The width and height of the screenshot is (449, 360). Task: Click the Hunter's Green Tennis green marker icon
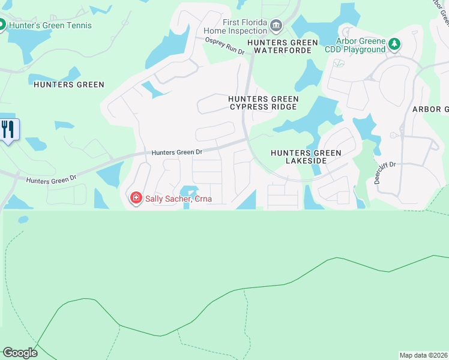point(2,25)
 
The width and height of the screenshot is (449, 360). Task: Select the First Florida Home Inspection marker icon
point(276,25)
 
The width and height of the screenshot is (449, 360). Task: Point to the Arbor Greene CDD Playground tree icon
point(394,43)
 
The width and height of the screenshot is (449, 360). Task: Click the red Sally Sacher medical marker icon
point(136,198)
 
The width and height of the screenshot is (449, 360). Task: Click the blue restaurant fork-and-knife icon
point(8,129)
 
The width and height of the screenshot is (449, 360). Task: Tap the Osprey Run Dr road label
point(225,47)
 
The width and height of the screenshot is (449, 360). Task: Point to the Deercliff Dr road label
point(386,173)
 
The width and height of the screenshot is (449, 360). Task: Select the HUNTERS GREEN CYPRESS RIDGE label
point(262,103)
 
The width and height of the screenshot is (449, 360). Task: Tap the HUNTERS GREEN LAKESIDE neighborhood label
point(306,157)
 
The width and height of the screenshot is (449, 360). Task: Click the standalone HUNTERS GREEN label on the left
point(69,85)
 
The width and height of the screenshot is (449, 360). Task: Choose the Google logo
point(20,353)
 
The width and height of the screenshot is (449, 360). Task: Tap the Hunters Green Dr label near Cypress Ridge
point(177,152)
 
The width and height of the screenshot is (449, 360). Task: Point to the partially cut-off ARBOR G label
point(430,109)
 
